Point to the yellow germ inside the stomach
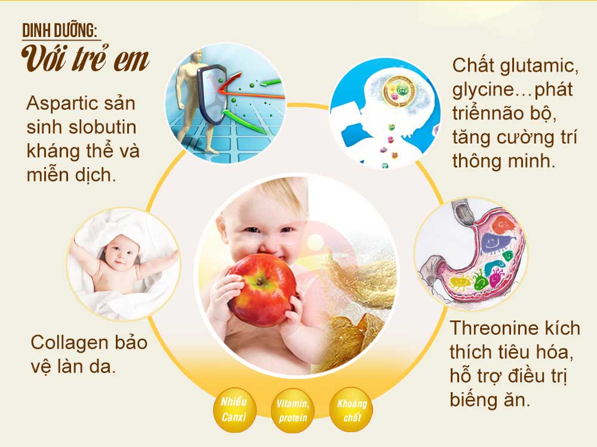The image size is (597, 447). click(460, 281)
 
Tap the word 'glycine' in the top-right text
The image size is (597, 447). click(481, 90)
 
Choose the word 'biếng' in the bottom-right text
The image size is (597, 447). click(477, 400)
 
